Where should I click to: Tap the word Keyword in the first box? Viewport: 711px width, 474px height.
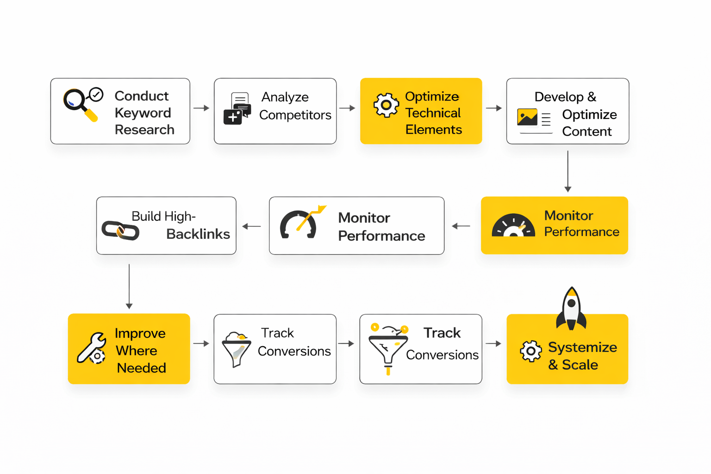click(x=143, y=113)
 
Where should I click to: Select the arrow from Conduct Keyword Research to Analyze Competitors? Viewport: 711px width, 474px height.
click(x=201, y=108)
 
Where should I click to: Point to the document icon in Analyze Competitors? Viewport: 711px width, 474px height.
click(x=237, y=108)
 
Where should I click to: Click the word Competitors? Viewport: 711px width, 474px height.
click(x=295, y=115)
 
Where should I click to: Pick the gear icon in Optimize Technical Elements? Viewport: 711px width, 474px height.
click(x=386, y=105)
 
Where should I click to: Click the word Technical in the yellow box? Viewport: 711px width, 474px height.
click(x=433, y=113)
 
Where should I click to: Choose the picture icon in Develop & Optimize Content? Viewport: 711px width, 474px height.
click(x=527, y=118)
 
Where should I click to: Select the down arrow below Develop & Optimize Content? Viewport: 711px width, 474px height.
click(x=568, y=171)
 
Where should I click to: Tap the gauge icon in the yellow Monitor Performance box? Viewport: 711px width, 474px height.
click(x=513, y=225)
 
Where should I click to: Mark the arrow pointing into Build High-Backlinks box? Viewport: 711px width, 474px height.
click(x=252, y=226)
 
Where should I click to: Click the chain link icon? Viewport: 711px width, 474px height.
click(x=120, y=230)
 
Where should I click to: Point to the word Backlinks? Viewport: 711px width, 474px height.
click(x=198, y=234)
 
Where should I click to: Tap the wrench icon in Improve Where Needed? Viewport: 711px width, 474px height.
click(x=91, y=348)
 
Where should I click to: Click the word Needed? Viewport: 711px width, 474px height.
click(x=141, y=368)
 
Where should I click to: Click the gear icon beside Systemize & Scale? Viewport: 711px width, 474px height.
click(x=530, y=351)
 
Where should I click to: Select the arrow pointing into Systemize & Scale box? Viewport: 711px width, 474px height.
click(x=494, y=344)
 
